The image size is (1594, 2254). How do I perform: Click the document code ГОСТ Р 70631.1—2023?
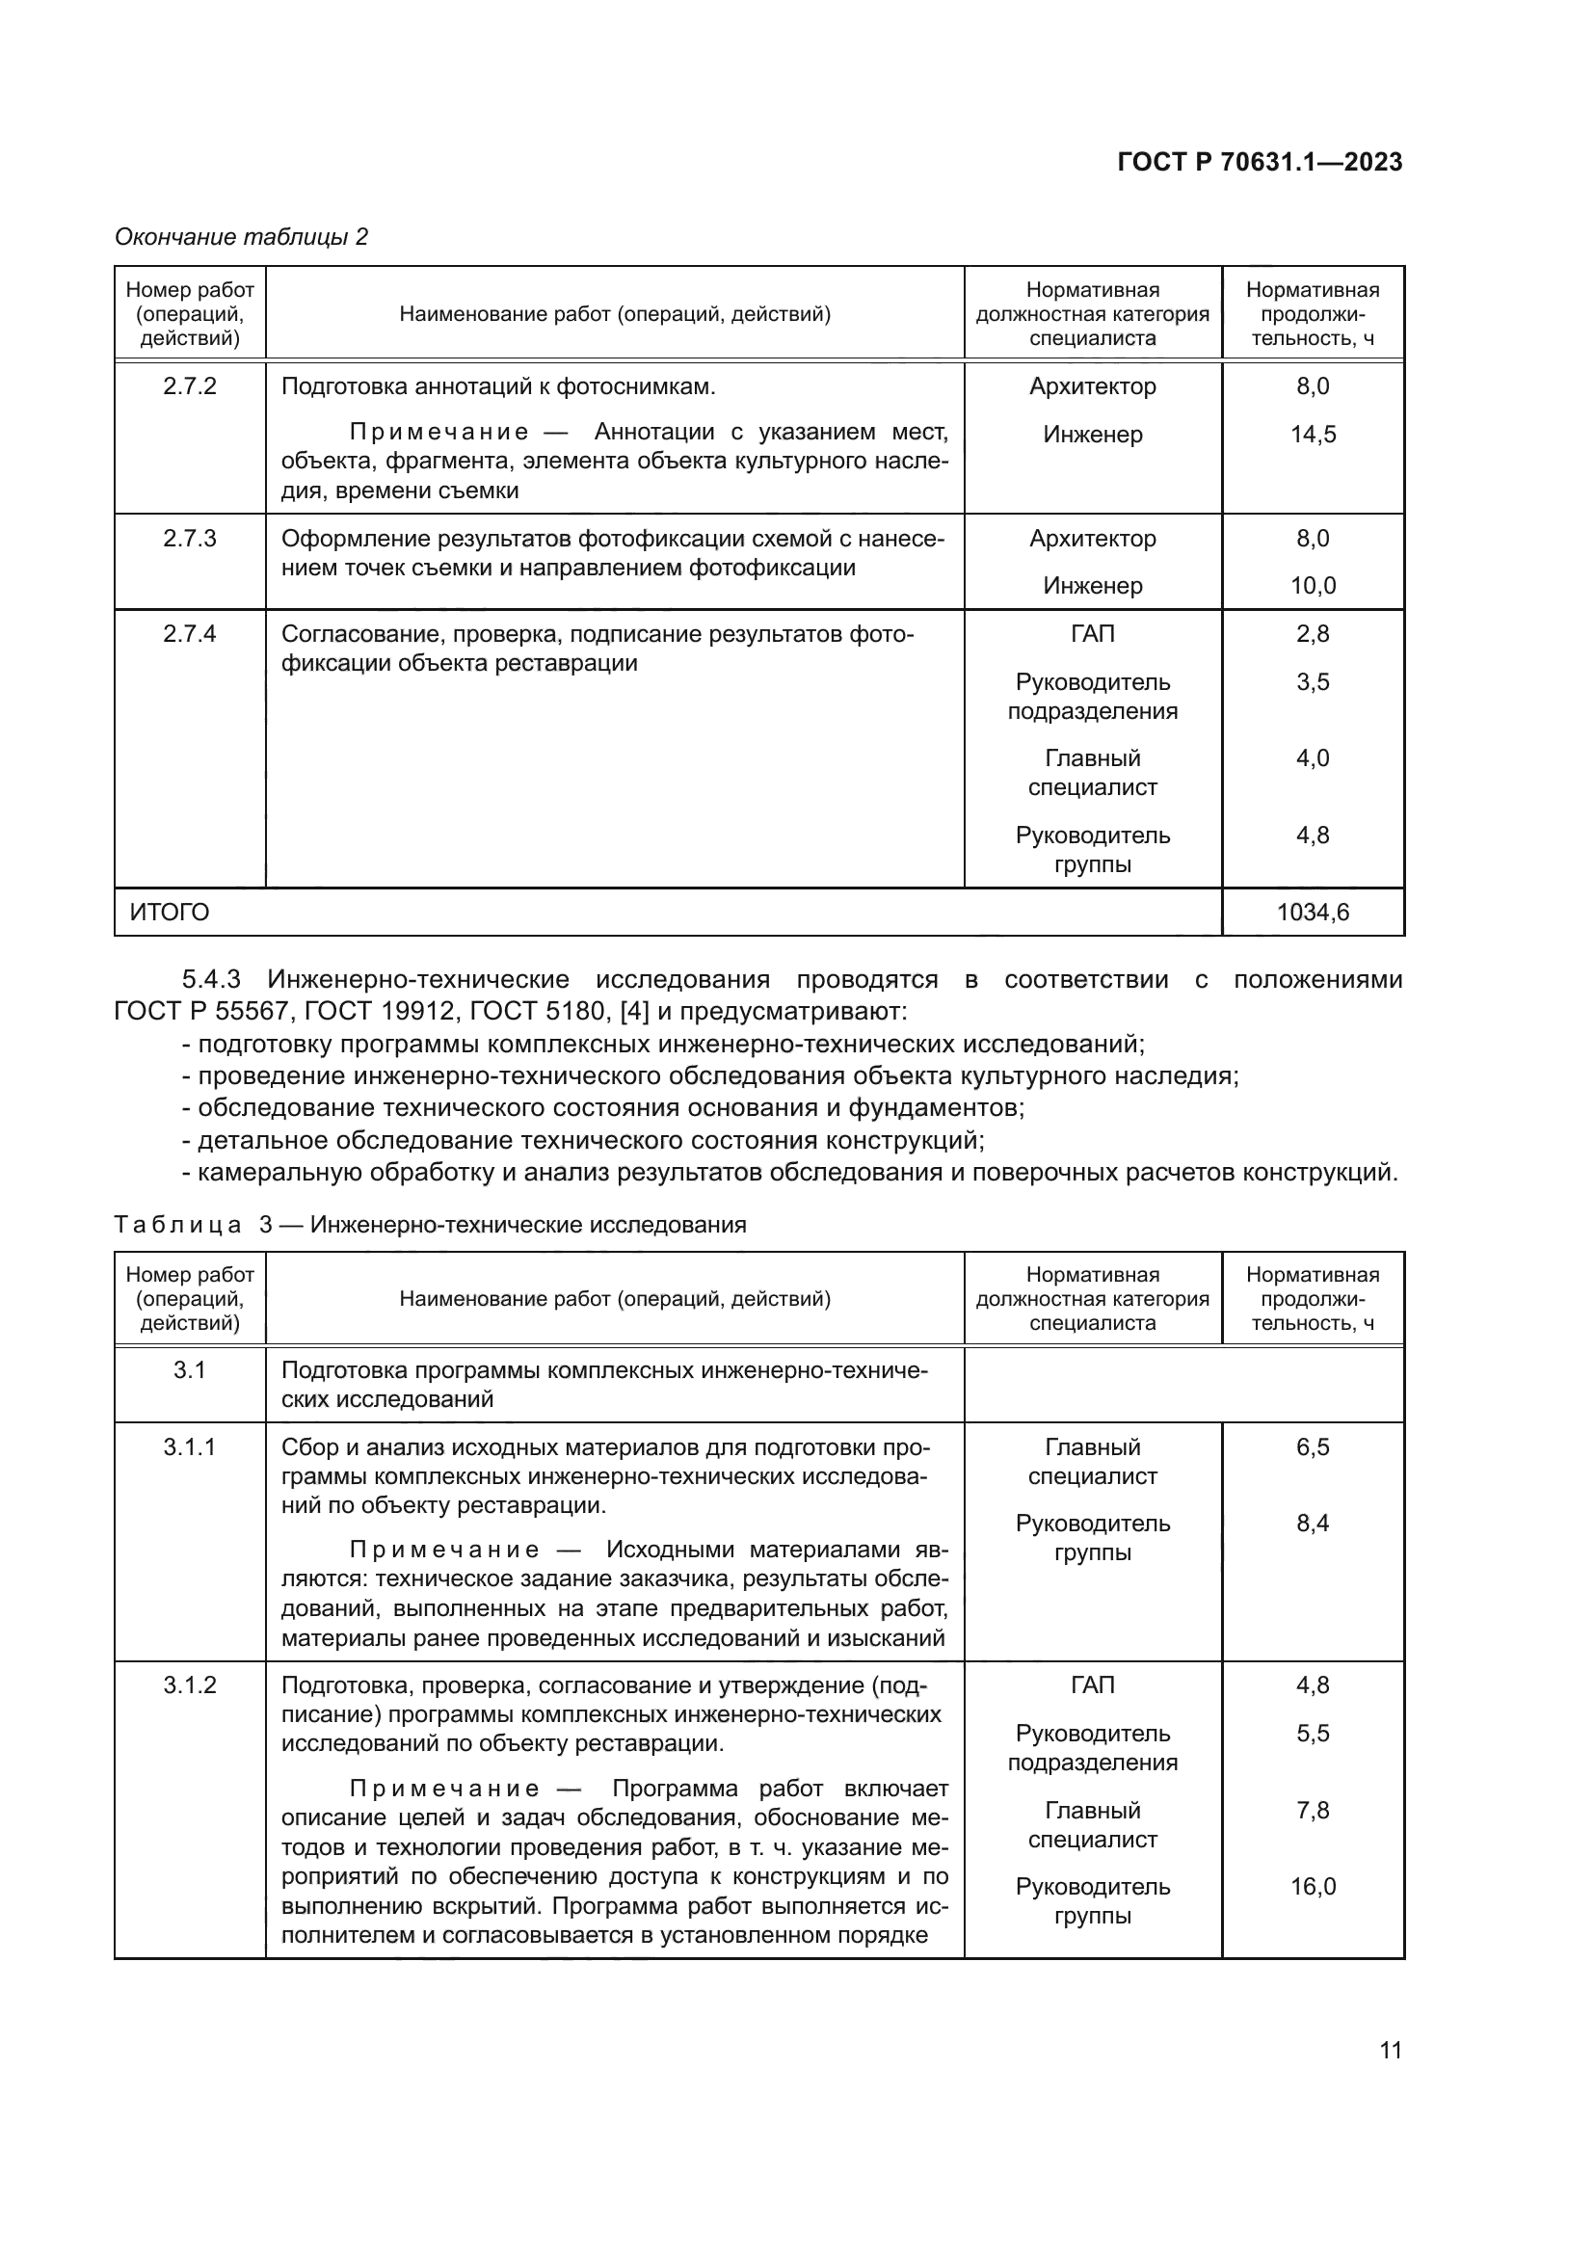coord(1260,162)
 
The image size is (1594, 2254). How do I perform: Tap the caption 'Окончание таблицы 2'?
coord(242,237)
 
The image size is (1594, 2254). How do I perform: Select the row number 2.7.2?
coord(190,385)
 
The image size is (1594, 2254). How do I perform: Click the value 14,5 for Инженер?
coord(1313,434)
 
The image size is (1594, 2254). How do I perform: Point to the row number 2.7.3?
coord(190,538)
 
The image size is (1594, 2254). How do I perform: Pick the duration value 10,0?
coord(1313,585)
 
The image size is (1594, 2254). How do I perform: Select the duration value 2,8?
coord(1313,633)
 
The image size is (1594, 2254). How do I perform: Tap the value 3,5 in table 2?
coord(1313,681)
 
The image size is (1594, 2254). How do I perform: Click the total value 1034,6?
coord(1313,912)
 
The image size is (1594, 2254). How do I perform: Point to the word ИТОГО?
coord(170,912)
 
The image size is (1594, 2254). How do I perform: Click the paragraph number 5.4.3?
coord(211,979)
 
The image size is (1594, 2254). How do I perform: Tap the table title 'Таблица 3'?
coord(177,1224)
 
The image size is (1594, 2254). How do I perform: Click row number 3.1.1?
coord(190,1447)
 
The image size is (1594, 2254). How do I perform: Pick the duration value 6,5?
coord(1313,1447)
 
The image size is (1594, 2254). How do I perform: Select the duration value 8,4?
coord(1313,1524)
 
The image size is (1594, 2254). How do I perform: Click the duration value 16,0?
coord(1313,1886)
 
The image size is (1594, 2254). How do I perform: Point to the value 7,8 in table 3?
coord(1313,1810)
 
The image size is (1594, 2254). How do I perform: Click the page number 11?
coord(1390,2050)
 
